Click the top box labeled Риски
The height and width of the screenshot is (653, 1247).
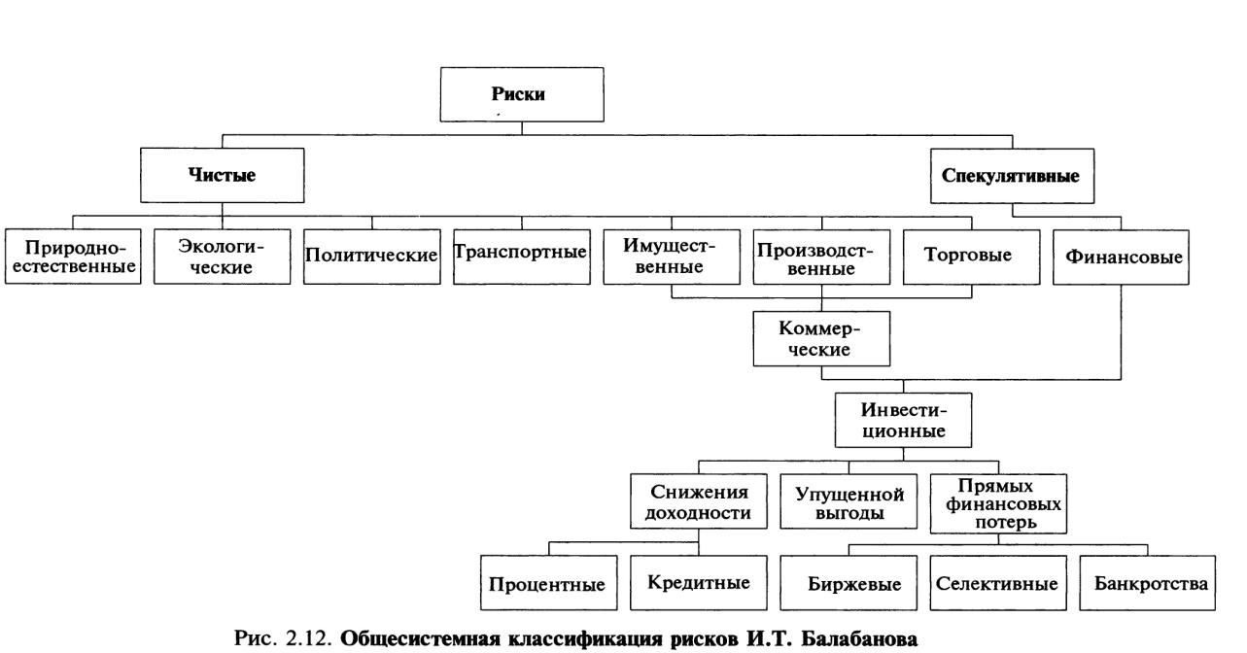tap(521, 94)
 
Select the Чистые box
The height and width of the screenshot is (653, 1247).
tap(223, 176)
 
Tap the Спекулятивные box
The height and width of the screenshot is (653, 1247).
tap(1012, 176)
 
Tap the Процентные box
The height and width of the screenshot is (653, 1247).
tap(547, 585)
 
